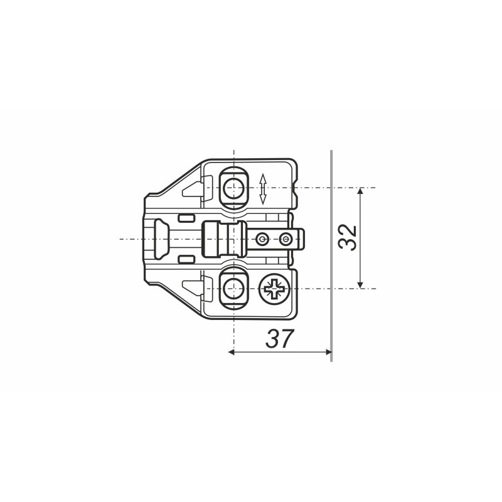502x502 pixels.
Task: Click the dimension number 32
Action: pos(348,238)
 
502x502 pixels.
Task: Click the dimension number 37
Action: pos(279,338)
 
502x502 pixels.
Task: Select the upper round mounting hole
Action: pos(233,187)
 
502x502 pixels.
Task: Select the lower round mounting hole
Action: pos(233,289)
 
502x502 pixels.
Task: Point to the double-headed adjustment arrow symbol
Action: pos(263,189)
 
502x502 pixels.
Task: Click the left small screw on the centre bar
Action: pos(262,239)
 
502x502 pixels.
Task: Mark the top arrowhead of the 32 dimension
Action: pos(360,191)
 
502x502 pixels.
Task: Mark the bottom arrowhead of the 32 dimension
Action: pos(360,285)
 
